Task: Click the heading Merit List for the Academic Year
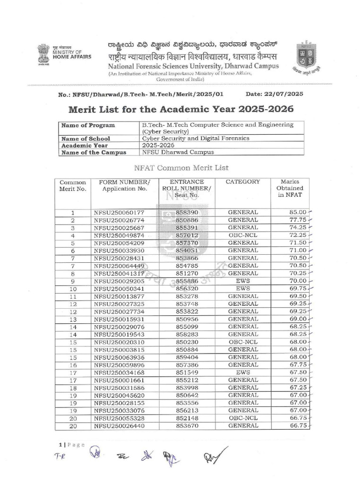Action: coord(181,109)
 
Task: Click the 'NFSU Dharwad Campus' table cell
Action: coord(178,152)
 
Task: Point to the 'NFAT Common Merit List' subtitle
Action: coord(181,167)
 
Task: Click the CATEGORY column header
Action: coord(242,181)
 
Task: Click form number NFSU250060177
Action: coord(119,212)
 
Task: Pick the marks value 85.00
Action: coord(298,212)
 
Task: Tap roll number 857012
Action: coord(187,235)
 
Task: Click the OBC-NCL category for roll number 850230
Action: coord(242,342)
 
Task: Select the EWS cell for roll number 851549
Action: coord(242,372)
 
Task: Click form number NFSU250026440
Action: coord(119,426)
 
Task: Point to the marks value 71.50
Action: coord(298,242)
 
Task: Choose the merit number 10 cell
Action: coord(73,288)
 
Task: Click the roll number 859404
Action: coord(187,357)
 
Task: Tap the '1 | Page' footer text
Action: coord(71,445)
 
